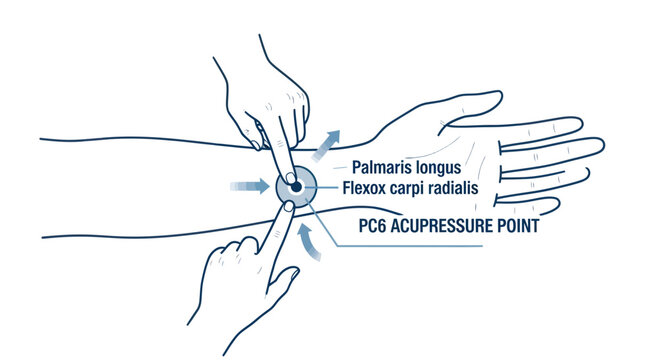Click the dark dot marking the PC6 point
click(x=296, y=186)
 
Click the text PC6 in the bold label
click(x=375, y=227)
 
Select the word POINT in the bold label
click(x=516, y=227)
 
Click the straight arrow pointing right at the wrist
click(x=244, y=186)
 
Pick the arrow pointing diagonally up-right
click(x=327, y=143)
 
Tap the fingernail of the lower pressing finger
click(x=287, y=206)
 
